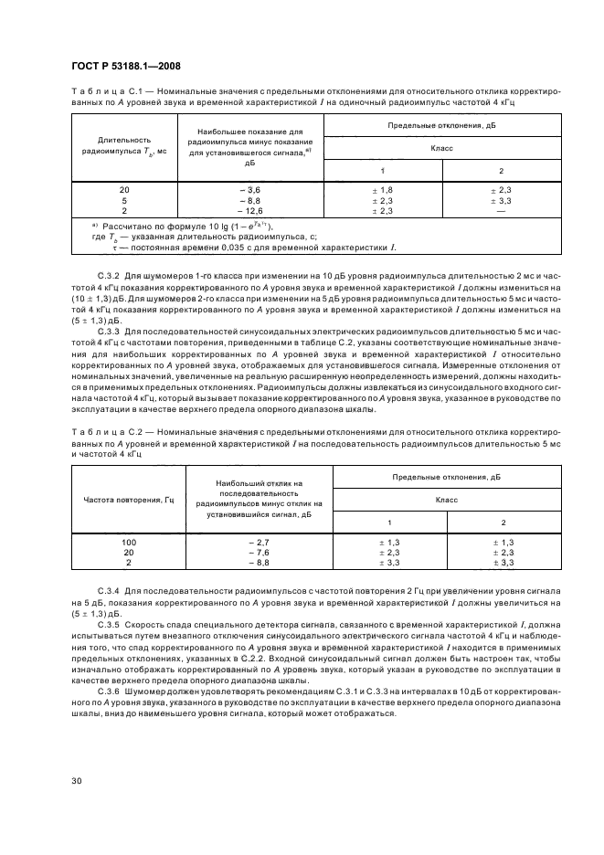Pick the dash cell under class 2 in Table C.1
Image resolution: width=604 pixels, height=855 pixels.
(x=500, y=211)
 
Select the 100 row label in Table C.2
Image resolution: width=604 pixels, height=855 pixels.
(x=128, y=542)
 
